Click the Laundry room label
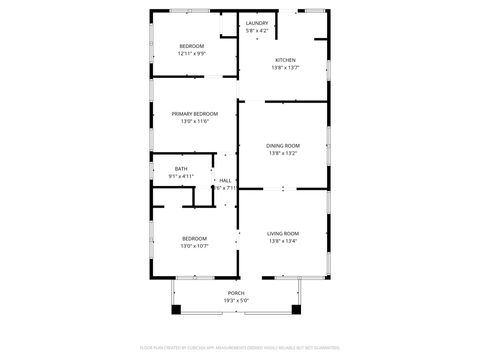coord(257,24)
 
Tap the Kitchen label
coord(285,60)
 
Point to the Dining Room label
coord(283,146)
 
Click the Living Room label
coord(283,233)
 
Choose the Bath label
coord(181,169)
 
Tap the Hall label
coord(225,180)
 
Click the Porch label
coord(236,293)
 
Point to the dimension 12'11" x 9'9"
coord(191,53)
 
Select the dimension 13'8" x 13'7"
coord(285,68)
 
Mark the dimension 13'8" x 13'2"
coord(283,153)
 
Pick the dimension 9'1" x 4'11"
coord(181,177)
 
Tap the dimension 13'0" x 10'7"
coord(194,245)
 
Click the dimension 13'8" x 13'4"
coord(283,241)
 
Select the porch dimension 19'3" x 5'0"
coord(236,300)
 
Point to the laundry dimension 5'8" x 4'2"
coord(257,31)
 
